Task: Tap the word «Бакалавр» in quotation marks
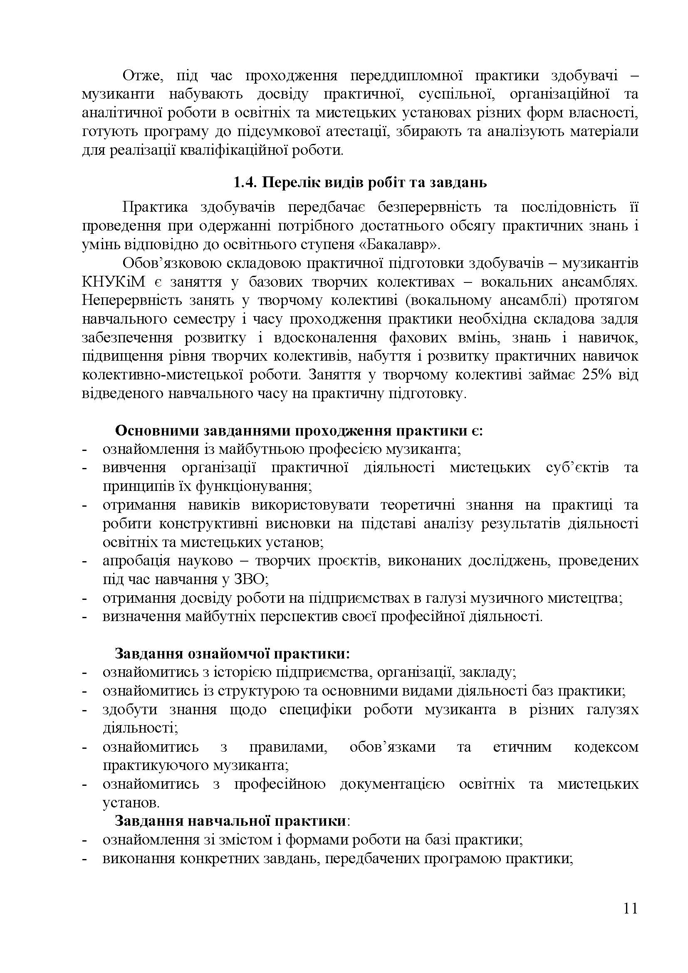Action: click(x=405, y=245)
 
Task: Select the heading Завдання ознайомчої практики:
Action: click(x=233, y=654)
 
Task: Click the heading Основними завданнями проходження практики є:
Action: click(x=299, y=431)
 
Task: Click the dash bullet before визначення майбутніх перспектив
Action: click(x=84, y=616)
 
